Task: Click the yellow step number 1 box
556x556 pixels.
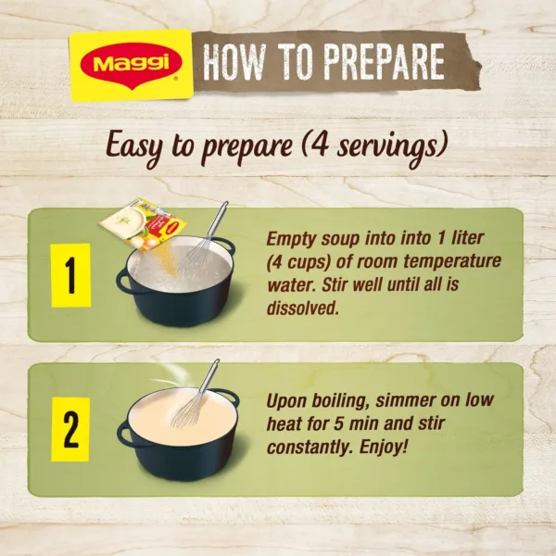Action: click(x=70, y=275)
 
